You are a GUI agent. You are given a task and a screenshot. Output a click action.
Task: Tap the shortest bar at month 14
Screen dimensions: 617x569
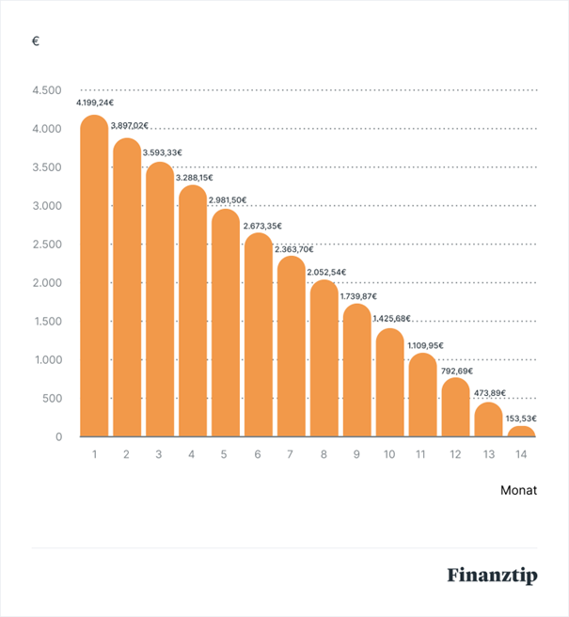coord(521,432)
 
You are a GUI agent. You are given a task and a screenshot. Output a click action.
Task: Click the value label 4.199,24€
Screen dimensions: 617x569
coord(96,101)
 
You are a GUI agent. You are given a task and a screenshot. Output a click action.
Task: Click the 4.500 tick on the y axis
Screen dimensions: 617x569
coord(46,91)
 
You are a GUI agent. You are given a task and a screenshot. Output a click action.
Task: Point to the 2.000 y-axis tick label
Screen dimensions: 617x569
coord(46,283)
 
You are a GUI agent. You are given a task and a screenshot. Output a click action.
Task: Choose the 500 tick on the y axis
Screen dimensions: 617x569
coord(51,399)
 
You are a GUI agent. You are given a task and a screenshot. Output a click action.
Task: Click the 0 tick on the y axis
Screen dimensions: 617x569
coord(57,437)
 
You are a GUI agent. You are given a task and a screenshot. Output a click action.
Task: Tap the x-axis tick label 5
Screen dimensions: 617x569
coord(224,454)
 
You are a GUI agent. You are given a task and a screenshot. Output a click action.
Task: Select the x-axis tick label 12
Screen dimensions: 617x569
coord(455,454)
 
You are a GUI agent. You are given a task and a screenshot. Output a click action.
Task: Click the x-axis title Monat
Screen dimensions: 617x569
coord(518,490)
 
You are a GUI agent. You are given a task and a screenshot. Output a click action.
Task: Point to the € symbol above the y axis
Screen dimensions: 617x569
coord(36,43)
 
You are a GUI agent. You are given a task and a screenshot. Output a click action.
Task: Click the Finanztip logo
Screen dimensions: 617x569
coord(492,575)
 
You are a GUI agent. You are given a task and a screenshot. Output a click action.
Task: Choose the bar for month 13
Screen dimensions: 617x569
coord(488,421)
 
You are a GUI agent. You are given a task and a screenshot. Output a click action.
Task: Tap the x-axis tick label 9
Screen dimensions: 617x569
coord(356,454)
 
